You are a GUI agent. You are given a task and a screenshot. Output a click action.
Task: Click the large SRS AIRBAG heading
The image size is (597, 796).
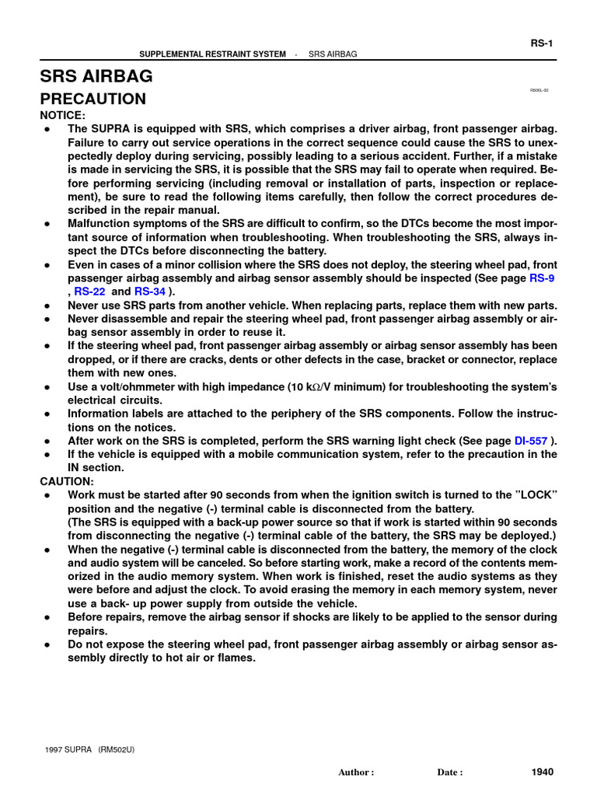(96, 76)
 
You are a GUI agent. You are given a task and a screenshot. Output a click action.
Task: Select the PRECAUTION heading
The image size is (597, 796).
(93, 99)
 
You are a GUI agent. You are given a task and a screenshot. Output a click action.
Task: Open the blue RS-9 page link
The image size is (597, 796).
(542, 278)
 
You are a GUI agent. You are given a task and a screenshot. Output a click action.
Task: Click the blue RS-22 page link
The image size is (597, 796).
(89, 291)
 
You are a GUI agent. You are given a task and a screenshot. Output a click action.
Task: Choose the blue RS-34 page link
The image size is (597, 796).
(150, 291)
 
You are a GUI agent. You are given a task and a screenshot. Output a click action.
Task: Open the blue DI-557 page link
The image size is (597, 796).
(532, 440)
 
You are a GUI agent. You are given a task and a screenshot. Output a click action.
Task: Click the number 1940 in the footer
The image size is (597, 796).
(542, 772)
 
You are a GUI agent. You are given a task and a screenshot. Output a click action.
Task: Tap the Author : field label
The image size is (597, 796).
(356, 773)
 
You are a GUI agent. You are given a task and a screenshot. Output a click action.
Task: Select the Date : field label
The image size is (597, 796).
(450, 773)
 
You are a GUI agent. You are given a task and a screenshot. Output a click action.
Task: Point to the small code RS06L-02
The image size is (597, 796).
(539, 90)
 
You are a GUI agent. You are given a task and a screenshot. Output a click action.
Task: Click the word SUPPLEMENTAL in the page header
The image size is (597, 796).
(167, 54)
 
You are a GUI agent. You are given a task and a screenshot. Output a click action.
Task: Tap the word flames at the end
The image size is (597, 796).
(236, 658)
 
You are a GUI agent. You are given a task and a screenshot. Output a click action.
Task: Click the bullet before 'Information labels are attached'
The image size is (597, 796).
(47, 414)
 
